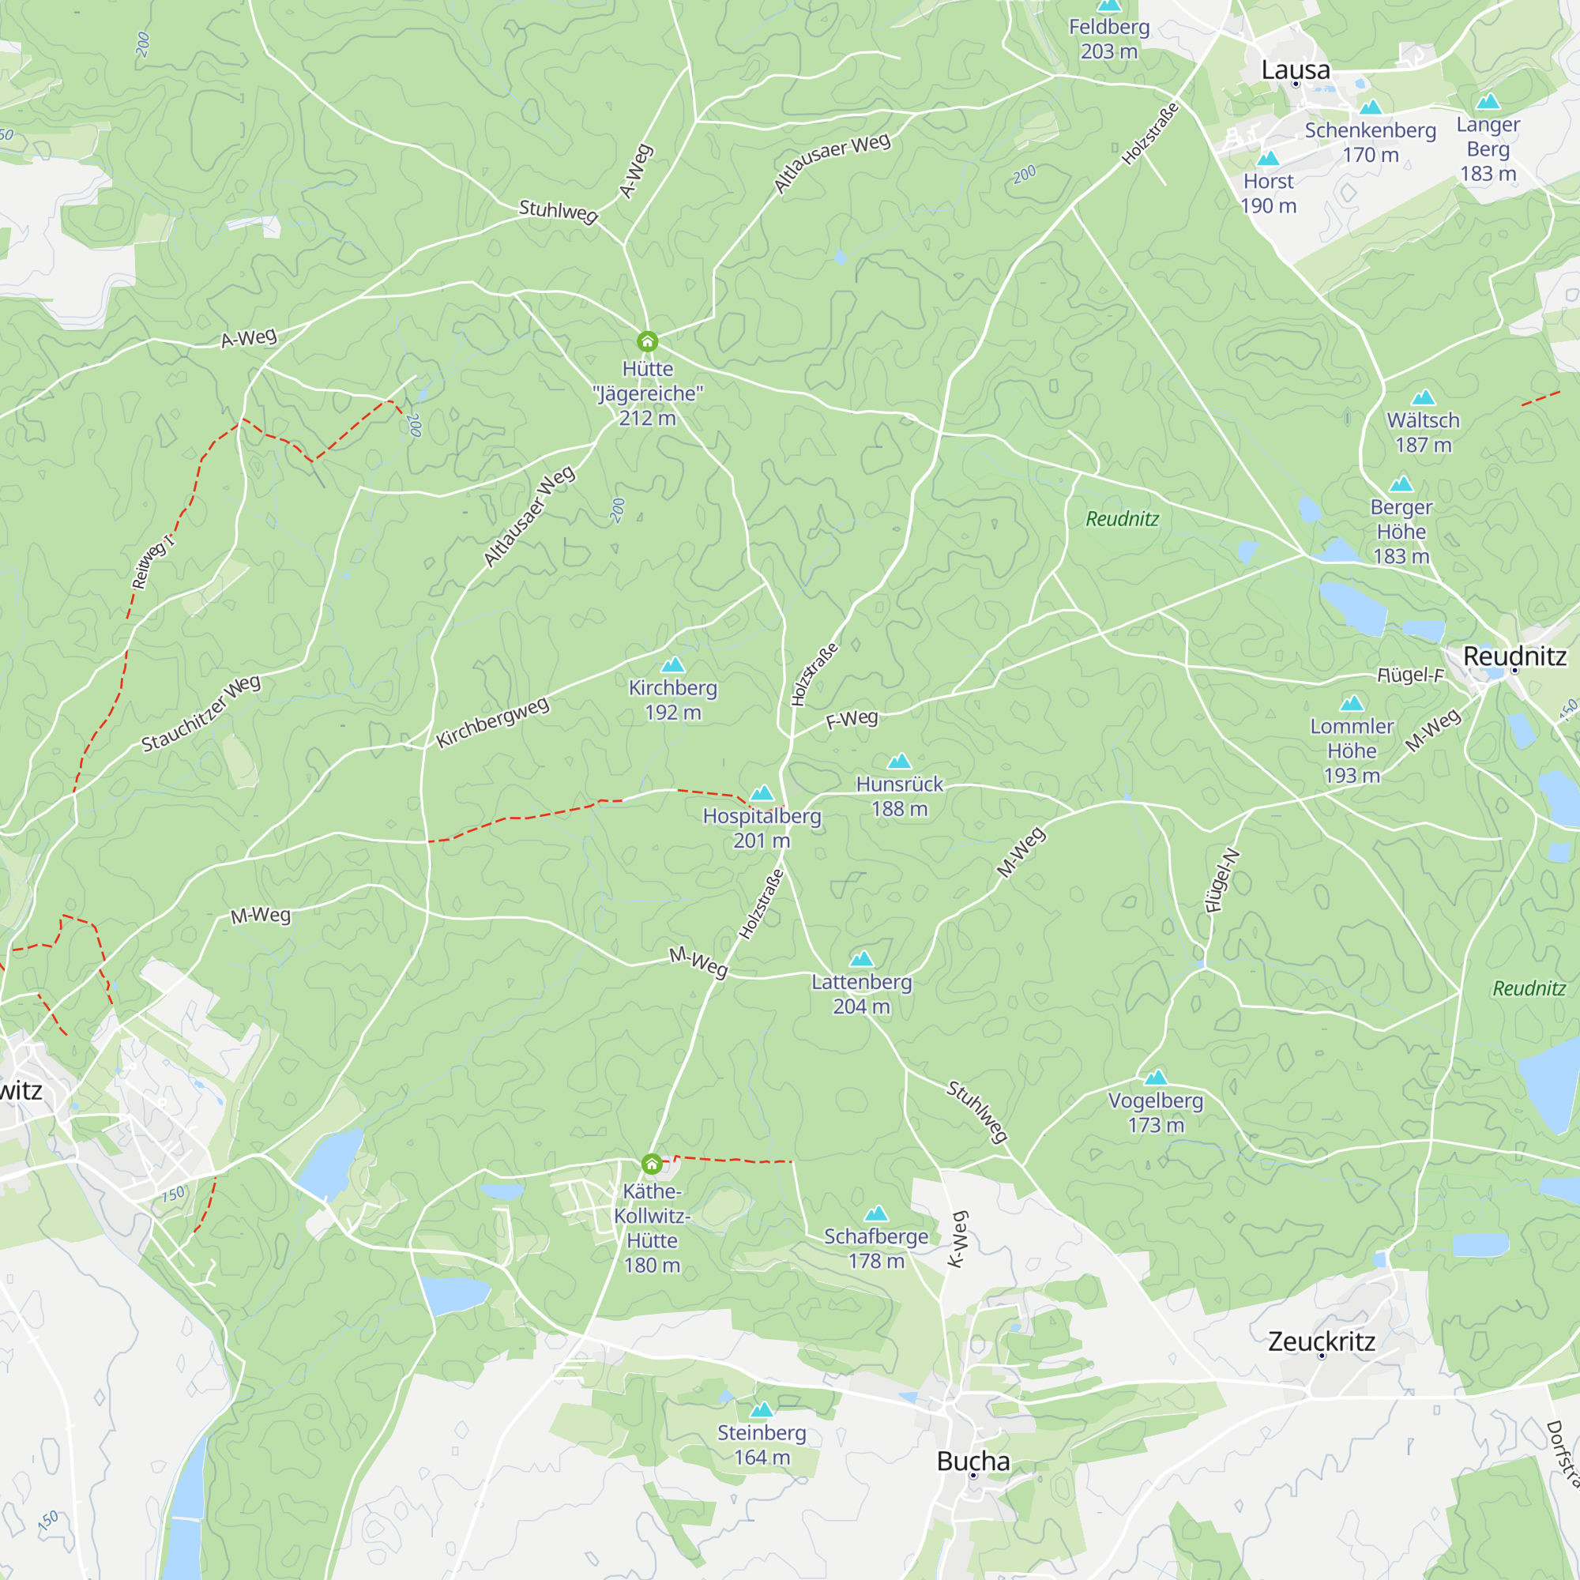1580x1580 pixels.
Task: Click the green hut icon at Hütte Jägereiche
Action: click(647, 341)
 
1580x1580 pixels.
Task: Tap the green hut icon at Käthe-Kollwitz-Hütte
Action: click(651, 1164)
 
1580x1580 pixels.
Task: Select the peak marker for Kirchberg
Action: click(672, 665)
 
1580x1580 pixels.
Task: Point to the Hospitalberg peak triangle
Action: click(762, 793)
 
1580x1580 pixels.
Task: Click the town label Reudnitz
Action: click(1514, 656)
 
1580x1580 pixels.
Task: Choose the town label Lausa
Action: click(1296, 70)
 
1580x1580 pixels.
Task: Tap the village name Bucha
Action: click(972, 1461)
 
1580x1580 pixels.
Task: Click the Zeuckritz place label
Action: click(1321, 1341)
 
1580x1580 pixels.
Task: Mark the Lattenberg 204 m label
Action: click(861, 994)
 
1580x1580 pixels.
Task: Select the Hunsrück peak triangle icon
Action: click(899, 762)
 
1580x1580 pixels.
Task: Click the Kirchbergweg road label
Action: click(491, 723)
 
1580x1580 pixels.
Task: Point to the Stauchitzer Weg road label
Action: click(201, 713)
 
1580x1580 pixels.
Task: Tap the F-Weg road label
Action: click(852, 720)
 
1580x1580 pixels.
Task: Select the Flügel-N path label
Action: click(1222, 882)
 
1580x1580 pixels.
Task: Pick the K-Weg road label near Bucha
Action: click(957, 1240)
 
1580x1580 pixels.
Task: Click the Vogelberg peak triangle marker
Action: click(1155, 1077)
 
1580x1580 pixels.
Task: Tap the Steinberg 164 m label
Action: click(762, 1445)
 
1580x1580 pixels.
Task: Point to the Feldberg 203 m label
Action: click(1109, 39)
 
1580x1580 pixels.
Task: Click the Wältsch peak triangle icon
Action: click(1423, 397)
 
